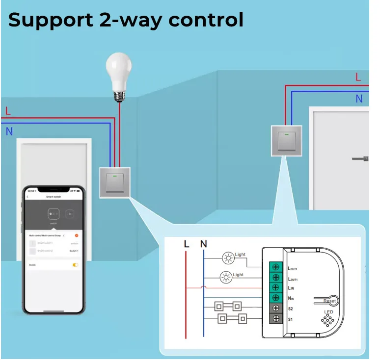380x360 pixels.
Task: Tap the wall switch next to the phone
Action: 114,182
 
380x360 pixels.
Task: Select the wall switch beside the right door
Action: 285,140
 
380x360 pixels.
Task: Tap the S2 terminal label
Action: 291,309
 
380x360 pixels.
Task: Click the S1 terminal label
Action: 291,319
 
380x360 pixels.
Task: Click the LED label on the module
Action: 328,312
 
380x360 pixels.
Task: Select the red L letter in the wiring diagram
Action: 186,244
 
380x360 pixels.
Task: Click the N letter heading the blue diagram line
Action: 204,244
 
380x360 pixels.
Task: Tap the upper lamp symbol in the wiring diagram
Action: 228,257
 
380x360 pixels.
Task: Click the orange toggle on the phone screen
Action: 76,265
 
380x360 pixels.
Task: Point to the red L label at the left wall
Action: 8,111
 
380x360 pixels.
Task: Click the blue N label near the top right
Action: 359,99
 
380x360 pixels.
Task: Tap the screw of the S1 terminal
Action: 276,319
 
